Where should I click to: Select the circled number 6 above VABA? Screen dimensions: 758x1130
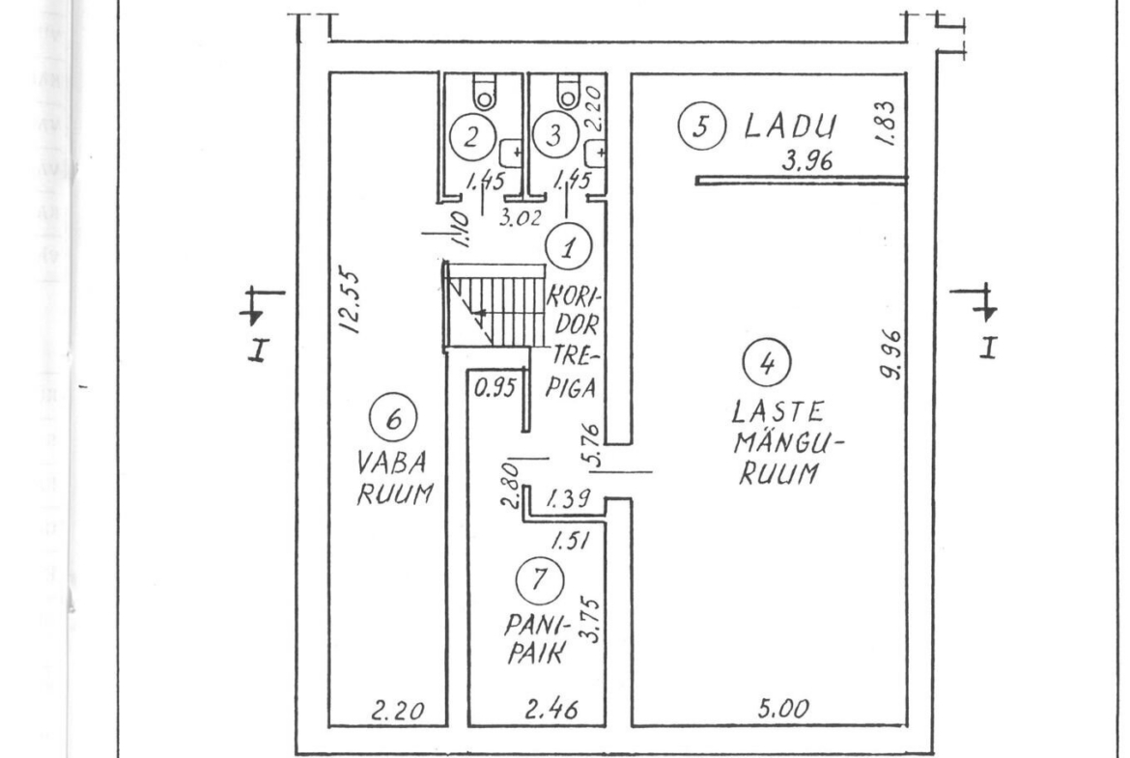(392, 420)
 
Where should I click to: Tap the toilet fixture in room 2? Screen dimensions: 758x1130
(484, 94)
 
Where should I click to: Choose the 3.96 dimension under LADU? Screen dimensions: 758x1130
(806, 164)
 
